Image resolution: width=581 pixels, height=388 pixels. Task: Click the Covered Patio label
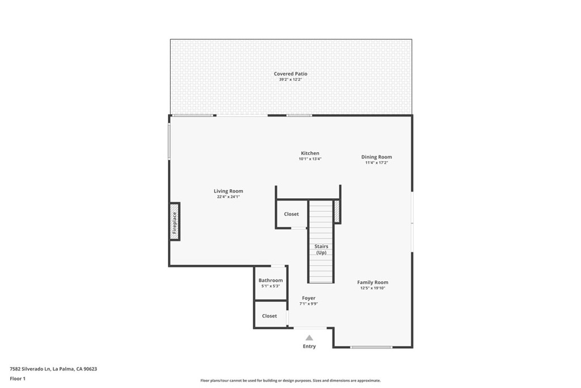tap(290, 74)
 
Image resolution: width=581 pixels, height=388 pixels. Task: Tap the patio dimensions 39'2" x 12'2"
tap(290, 80)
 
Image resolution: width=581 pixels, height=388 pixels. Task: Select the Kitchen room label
tap(310, 153)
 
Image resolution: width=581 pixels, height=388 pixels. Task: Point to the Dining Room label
tap(377, 157)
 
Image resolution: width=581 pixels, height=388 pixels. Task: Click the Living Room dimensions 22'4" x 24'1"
tap(228, 197)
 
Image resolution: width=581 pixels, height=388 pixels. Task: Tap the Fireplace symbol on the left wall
tap(175, 222)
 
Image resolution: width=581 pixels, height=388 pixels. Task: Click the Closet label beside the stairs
tap(291, 214)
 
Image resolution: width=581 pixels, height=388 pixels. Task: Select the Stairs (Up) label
tap(321, 249)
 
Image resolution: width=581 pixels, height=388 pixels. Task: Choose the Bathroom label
tap(271, 280)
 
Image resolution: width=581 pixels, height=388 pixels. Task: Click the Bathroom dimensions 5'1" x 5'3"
tap(271, 286)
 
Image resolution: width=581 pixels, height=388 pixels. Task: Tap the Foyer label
tap(309, 298)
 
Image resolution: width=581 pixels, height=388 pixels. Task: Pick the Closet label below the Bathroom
tap(270, 316)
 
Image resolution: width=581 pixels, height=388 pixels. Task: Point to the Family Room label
tap(373, 282)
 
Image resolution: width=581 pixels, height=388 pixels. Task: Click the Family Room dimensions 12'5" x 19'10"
tap(373, 289)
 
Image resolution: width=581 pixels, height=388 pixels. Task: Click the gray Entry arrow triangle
tap(309, 337)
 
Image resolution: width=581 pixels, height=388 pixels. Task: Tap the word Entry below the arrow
tap(309, 347)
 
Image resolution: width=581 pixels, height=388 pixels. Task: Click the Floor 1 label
tap(18, 378)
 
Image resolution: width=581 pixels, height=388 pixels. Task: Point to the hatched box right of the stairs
tap(336, 211)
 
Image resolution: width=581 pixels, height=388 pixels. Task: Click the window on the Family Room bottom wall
tap(371, 347)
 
